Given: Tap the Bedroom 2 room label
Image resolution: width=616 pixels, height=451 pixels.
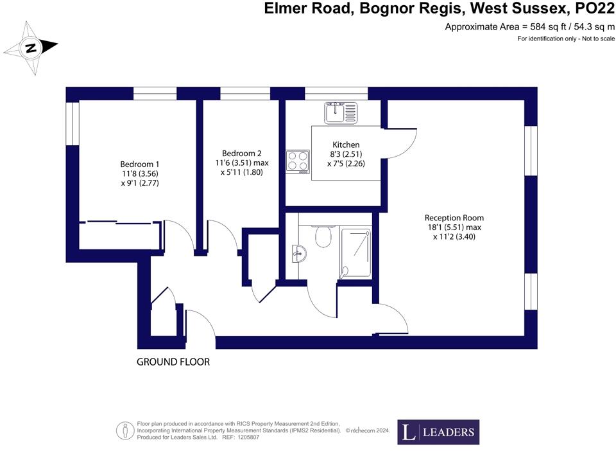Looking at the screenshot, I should (x=241, y=154).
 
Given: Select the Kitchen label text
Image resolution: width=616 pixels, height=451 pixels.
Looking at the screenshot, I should (x=346, y=145).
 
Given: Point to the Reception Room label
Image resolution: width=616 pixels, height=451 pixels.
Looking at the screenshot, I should (x=454, y=218).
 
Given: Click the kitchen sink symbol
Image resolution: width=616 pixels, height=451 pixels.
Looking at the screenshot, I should (x=340, y=113).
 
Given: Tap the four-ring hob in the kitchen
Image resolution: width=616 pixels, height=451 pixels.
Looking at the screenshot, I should (x=298, y=161).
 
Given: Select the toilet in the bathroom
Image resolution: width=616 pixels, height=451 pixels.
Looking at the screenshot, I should (x=323, y=237).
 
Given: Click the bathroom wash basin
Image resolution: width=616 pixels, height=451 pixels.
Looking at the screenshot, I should (x=298, y=253).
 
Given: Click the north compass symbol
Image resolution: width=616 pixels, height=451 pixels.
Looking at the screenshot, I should (x=31, y=47).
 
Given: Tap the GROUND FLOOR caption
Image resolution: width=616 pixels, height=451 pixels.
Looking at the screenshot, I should (x=173, y=362).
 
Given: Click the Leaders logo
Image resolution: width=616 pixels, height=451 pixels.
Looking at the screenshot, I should (x=438, y=432).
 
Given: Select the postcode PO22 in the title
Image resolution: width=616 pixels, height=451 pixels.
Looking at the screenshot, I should (x=594, y=9).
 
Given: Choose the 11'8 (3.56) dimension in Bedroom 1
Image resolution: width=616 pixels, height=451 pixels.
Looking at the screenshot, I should (x=139, y=173).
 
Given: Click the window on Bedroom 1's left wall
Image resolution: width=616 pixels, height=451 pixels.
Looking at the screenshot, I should (x=73, y=123).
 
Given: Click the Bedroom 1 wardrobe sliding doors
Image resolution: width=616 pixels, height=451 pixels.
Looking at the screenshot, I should (x=121, y=224).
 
